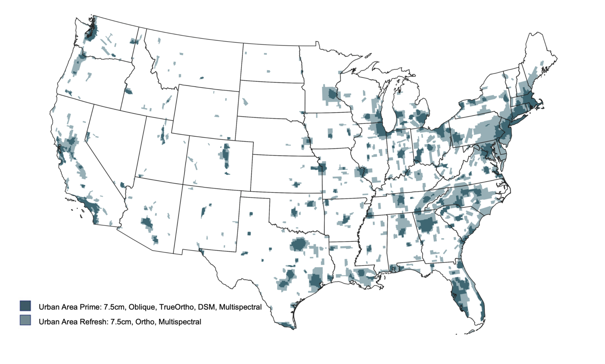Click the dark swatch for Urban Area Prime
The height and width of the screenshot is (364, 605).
point(25,306)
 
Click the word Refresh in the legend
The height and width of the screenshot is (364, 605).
point(93,322)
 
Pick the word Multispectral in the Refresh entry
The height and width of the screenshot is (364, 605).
point(179,322)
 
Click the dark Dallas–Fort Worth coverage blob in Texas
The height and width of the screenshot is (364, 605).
point(299,245)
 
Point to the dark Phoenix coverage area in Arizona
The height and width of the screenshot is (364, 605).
point(147,223)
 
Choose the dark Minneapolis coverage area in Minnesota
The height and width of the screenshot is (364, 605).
point(332,95)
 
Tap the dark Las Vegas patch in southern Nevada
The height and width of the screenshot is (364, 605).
point(123,185)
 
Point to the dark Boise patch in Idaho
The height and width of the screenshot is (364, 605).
point(128,91)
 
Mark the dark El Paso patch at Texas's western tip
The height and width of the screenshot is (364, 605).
point(200,252)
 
